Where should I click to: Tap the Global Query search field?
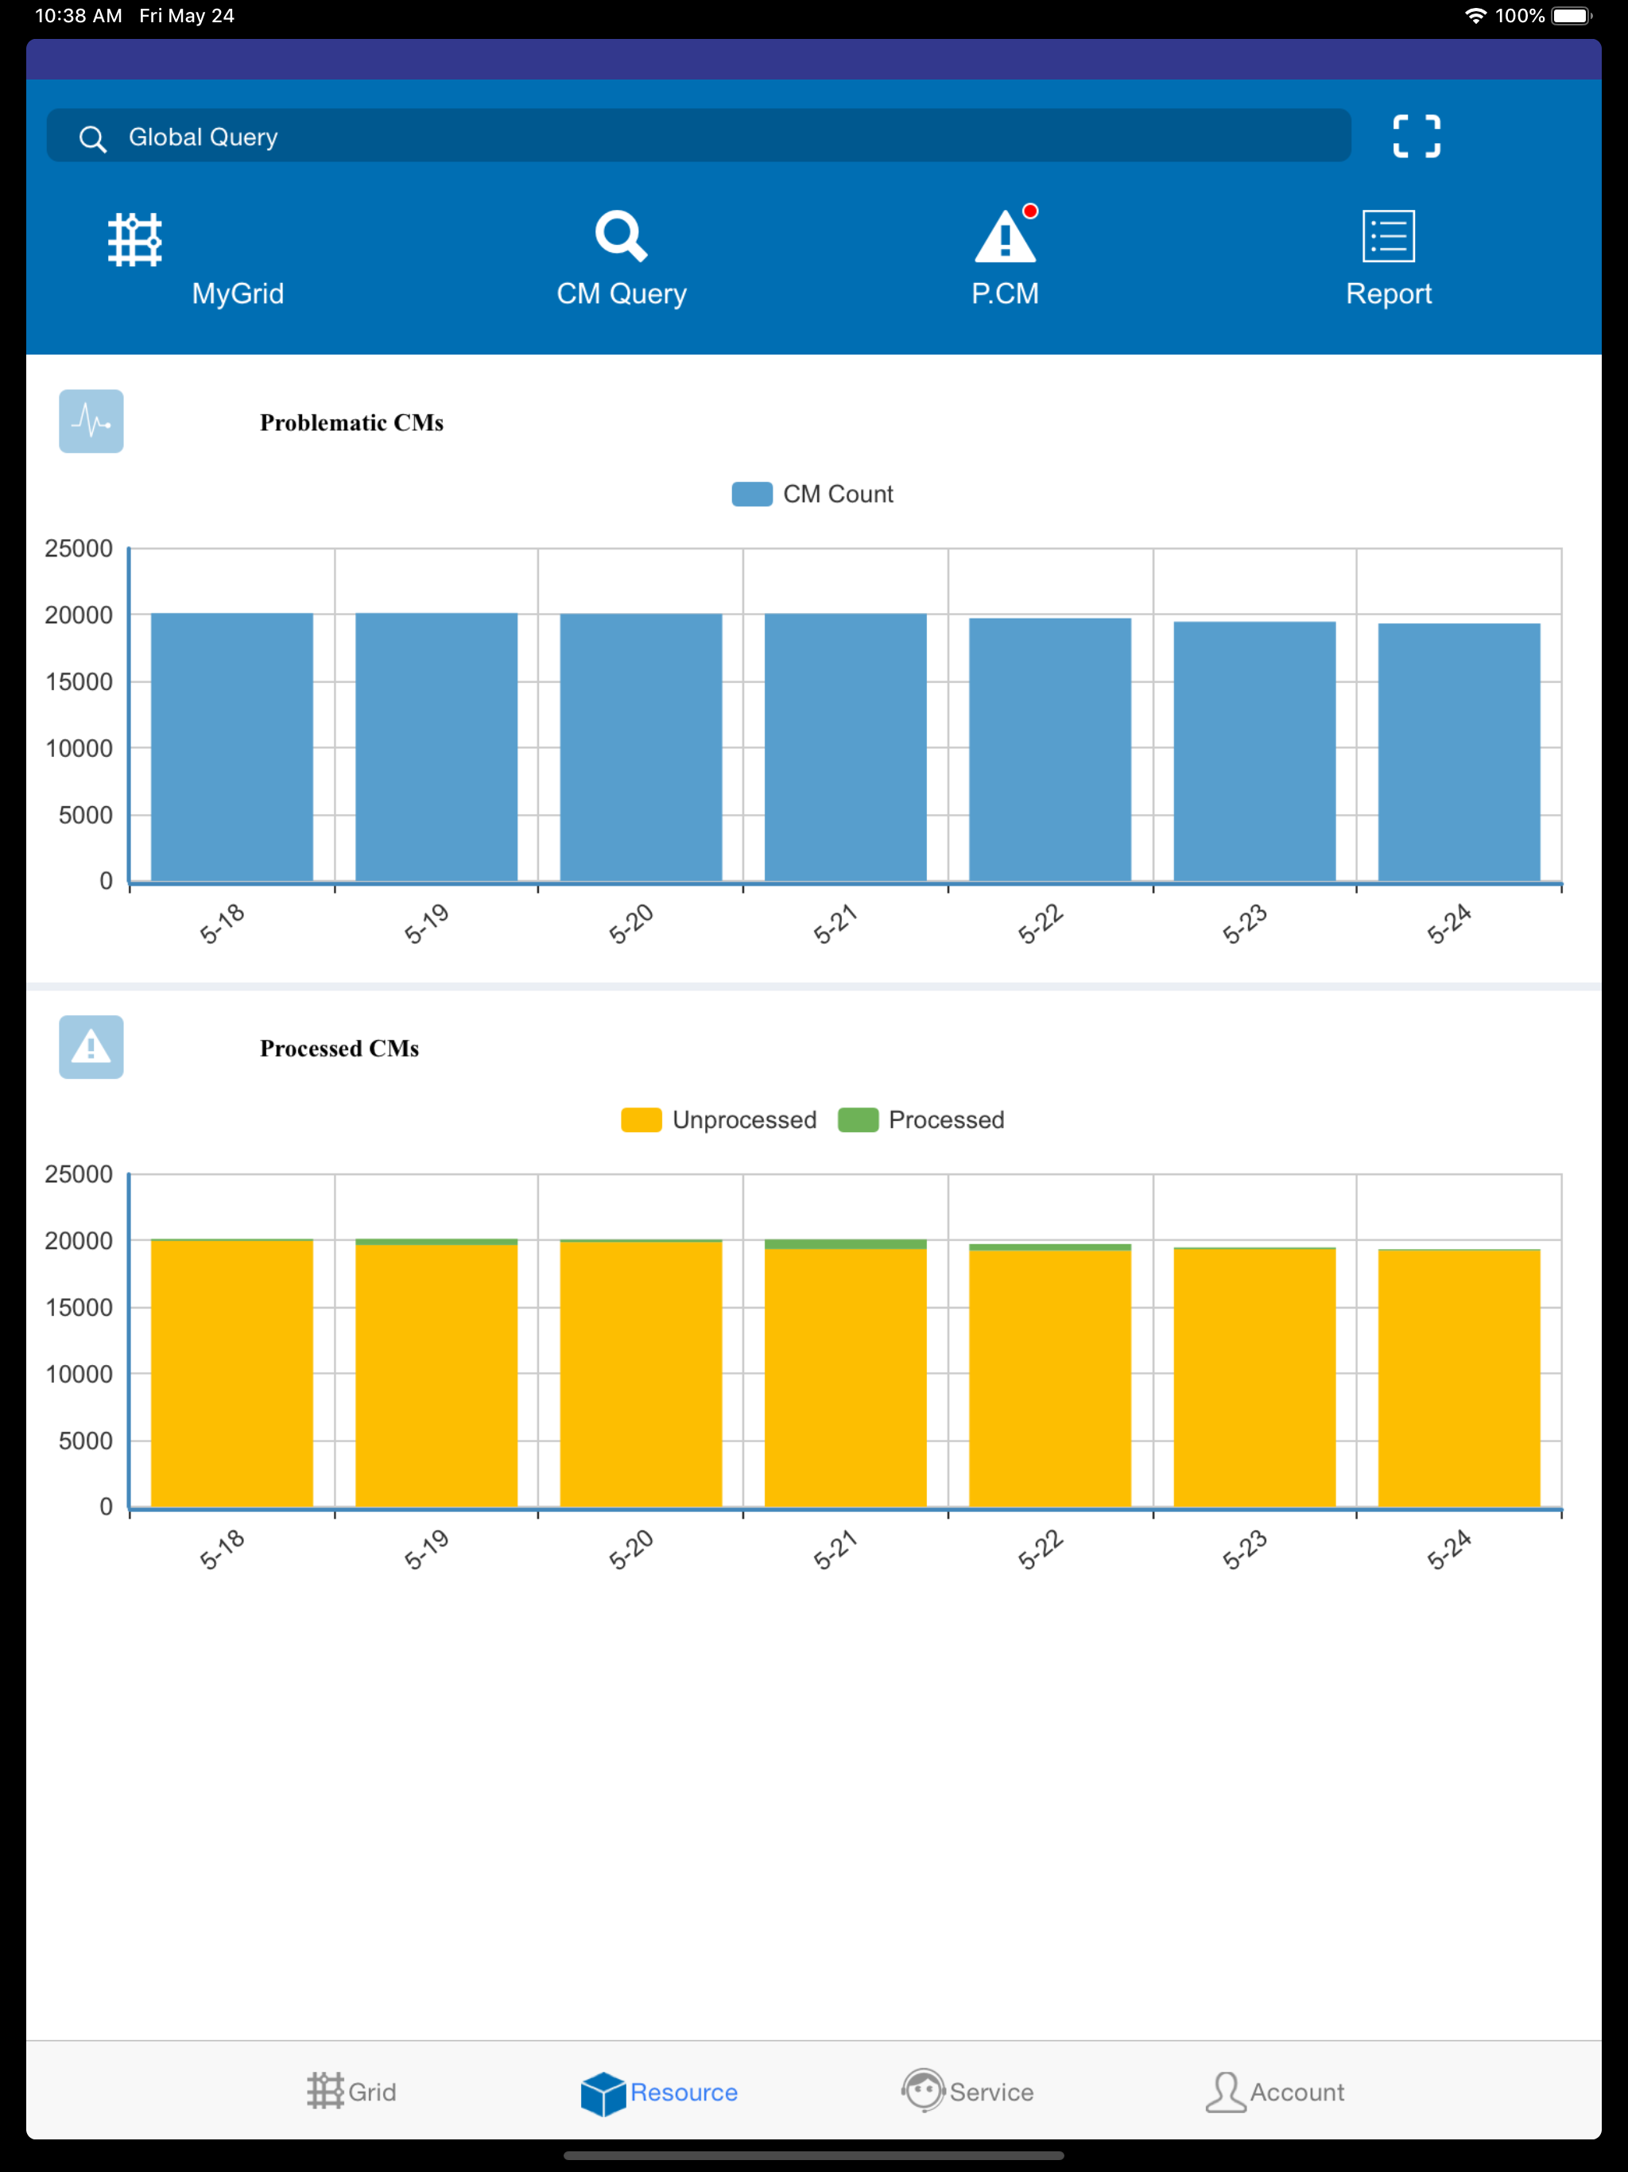(x=698, y=137)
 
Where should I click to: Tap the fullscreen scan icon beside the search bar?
(x=1416, y=137)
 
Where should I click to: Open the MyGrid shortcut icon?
(x=134, y=239)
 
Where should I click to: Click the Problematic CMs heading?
(x=351, y=422)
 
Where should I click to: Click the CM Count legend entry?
(x=813, y=494)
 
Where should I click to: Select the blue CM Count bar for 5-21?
(x=846, y=747)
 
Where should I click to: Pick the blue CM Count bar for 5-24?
(x=1459, y=752)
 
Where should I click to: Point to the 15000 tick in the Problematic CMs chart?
(x=79, y=681)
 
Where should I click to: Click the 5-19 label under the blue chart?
(x=426, y=924)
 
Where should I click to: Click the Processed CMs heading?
(x=339, y=1049)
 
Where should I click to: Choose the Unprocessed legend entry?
(x=719, y=1120)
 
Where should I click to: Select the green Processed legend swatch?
(x=859, y=1120)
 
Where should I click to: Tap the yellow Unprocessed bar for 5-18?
(x=232, y=1374)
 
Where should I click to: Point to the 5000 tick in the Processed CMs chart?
(x=85, y=1441)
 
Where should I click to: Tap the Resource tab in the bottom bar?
(x=659, y=2092)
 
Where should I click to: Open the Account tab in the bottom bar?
(x=1274, y=2092)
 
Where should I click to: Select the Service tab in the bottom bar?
(x=968, y=2092)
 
